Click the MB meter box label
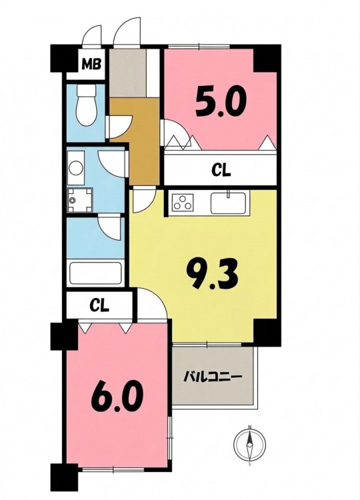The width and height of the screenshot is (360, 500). (91, 64)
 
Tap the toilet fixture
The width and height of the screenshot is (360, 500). (87, 105)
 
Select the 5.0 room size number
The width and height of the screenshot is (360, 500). (221, 103)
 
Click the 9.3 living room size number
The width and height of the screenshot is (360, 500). (213, 273)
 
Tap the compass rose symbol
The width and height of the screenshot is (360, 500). (250, 444)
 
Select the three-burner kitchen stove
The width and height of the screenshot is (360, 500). (183, 202)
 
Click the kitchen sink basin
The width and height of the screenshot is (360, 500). (228, 203)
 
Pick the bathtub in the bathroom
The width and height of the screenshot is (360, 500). (96, 273)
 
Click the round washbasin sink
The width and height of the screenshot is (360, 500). (76, 168)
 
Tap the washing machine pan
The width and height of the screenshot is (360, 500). (80, 200)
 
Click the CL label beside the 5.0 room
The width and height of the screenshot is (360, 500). (221, 171)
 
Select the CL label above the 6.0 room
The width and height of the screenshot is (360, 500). (99, 306)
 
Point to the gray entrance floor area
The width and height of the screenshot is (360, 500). (128, 73)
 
